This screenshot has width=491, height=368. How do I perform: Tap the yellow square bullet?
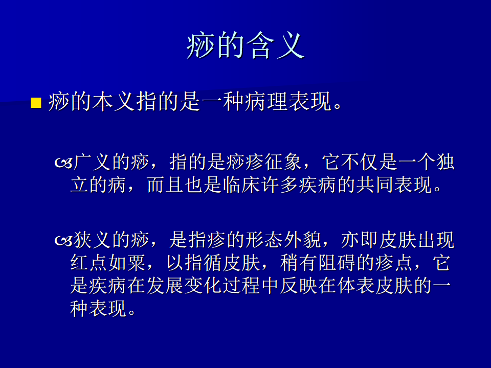point(36,103)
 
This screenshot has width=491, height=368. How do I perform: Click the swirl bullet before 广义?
point(63,163)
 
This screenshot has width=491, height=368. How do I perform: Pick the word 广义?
point(92,162)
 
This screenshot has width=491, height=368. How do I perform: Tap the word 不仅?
point(359,162)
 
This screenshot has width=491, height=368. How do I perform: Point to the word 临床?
point(241,185)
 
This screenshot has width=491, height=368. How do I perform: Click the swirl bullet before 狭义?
point(63,241)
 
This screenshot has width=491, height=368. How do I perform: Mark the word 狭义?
point(92,240)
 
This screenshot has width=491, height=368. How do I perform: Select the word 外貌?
point(302,240)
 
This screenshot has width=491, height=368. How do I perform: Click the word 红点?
point(89,262)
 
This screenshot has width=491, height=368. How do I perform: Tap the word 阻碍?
point(337,262)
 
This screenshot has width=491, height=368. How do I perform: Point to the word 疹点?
point(394,262)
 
